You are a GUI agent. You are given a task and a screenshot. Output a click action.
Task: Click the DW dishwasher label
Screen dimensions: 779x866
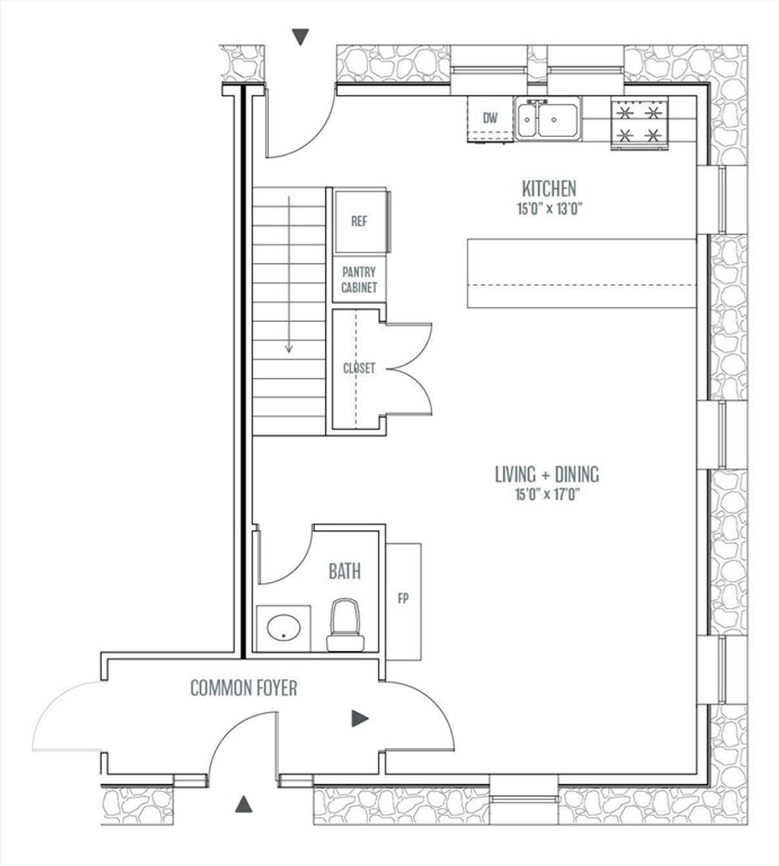click(490, 118)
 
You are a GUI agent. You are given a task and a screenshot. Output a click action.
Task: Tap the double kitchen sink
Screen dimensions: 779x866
click(548, 118)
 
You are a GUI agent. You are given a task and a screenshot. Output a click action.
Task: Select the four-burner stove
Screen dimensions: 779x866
click(639, 123)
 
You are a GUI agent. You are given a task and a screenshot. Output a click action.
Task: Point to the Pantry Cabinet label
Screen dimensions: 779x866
click(359, 279)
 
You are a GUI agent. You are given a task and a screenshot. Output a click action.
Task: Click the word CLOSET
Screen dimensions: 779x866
click(359, 368)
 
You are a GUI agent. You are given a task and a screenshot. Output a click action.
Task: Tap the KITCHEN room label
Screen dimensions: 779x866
click(548, 189)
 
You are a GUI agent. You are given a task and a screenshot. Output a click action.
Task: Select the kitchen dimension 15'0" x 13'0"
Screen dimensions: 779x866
click(550, 209)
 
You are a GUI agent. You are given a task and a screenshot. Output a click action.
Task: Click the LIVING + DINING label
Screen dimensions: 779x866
click(546, 474)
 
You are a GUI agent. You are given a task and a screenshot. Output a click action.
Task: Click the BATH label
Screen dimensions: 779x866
click(345, 571)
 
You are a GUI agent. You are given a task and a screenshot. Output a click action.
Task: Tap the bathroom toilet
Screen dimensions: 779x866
click(345, 626)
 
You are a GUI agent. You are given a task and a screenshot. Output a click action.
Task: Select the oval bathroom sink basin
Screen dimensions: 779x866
click(284, 628)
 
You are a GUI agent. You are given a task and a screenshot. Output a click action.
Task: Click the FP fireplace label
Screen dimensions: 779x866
click(403, 598)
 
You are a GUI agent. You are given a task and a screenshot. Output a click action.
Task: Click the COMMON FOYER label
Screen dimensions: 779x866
click(243, 688)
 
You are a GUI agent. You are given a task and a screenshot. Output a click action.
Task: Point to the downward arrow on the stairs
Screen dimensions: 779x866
click(288, 274)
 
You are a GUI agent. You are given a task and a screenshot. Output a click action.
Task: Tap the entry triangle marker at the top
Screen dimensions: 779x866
click(300, 37)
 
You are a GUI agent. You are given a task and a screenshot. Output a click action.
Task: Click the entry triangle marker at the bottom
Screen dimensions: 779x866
click(243, 804)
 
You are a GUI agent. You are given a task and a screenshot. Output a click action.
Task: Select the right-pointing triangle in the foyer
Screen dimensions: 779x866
click(360, 718)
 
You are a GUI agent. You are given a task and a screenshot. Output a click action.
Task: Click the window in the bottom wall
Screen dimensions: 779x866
click(523, 798)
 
